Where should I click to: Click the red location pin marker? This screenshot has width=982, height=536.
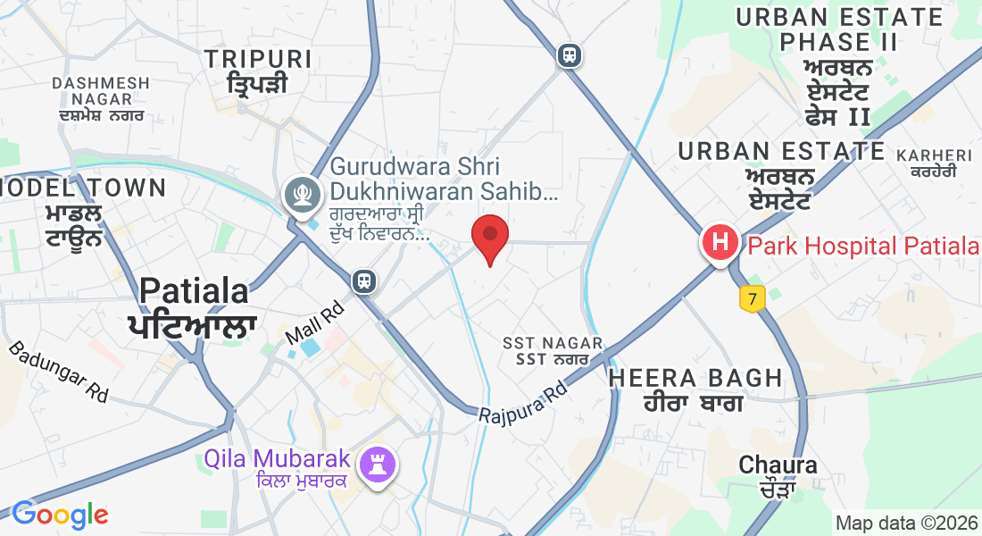coord(490,237)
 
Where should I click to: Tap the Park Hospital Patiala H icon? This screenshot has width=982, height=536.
coord(720,241)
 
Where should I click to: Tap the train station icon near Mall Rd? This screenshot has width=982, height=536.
coord(364,281)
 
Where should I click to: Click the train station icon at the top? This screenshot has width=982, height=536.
coord(569,55)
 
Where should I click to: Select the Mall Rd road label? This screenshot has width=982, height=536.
coord(314,324)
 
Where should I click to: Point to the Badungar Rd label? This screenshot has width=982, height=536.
coord(58,371)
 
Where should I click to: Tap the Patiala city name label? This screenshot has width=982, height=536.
coord(194,291)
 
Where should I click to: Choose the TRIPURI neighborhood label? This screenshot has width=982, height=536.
coord(258,60)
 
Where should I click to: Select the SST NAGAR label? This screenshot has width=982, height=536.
coord(553,343)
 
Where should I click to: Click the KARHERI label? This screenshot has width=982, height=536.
coord(933,156)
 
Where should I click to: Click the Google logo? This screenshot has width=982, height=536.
coord(60,515)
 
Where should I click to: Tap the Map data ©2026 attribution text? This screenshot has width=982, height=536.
coord(906,523)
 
